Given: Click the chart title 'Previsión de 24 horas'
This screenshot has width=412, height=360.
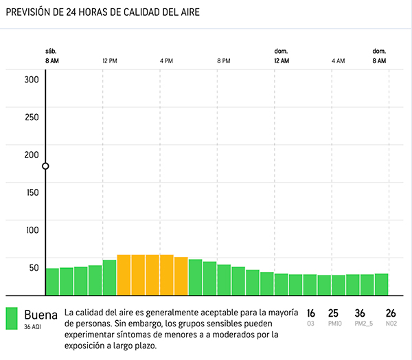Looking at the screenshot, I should click(103, 12).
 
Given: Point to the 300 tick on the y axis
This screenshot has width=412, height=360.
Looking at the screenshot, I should click(32, 79).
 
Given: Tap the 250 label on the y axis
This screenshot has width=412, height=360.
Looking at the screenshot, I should click(32, 117).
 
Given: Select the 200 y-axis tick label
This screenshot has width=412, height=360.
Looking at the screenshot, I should click(32, 155).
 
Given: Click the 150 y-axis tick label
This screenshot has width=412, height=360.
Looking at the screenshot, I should click(32, 192).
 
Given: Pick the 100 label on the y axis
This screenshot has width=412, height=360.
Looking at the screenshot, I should click(32, 230).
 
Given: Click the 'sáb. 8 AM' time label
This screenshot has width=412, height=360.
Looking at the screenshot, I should click(51, 56).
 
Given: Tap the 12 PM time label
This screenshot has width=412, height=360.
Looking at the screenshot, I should click(109, 61).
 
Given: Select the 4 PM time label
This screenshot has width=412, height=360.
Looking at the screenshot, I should click(166, 61).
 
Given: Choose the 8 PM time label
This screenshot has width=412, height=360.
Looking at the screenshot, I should click(223, 61).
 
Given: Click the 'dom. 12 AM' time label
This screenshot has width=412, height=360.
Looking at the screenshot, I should click(281, 56).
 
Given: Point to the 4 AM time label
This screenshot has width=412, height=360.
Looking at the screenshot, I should click(338, 61).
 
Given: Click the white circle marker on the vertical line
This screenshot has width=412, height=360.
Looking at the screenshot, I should click(45, 166).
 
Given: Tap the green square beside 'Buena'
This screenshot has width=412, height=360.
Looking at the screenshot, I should click(11, 317).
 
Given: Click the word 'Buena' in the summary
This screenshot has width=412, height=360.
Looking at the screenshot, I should click(41, 314).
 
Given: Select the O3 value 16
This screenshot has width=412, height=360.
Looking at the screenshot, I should click(311, 313).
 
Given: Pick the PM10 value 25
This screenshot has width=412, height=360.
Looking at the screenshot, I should click(334, 313).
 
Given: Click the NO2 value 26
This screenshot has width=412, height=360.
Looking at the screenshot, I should click(391, 313).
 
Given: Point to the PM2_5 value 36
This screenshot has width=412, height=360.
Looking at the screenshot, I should click(360, 313).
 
